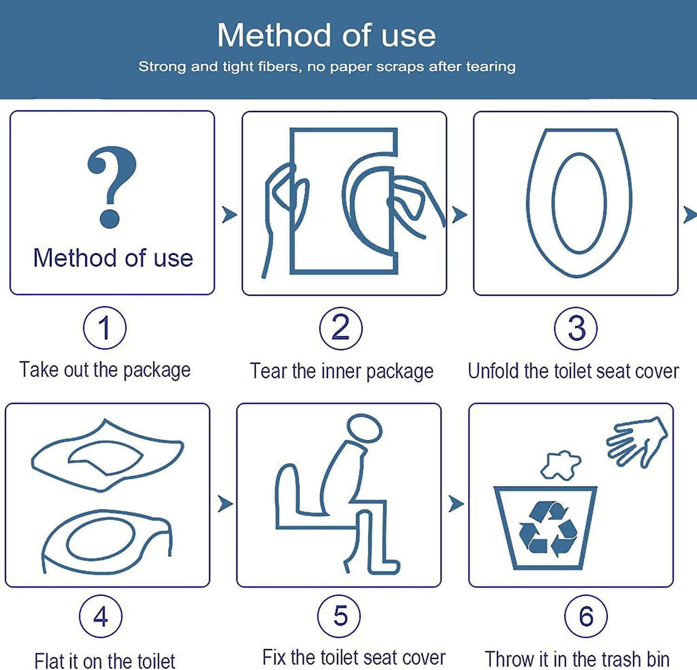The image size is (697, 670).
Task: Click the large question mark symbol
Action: [112, 186]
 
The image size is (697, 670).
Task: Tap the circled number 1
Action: [105, 328]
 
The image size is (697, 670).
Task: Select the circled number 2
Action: [341, 328]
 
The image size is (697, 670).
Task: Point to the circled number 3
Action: [576, 328]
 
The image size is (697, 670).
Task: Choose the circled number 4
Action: [101, 616]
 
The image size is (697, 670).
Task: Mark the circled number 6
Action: [585, 616]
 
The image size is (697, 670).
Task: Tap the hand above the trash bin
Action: [637, 441]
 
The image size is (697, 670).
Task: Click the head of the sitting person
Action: [365, 428]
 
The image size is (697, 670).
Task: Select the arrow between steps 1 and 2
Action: [229, 215]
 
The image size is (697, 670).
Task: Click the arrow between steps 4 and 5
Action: [225, 503]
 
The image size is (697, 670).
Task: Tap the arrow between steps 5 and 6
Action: [456, 503]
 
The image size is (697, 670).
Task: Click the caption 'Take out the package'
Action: [105, 370]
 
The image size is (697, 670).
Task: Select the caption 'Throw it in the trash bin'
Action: [577, 659]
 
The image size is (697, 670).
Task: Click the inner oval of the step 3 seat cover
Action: [579, 203]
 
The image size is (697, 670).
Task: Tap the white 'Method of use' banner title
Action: [326, 35]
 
